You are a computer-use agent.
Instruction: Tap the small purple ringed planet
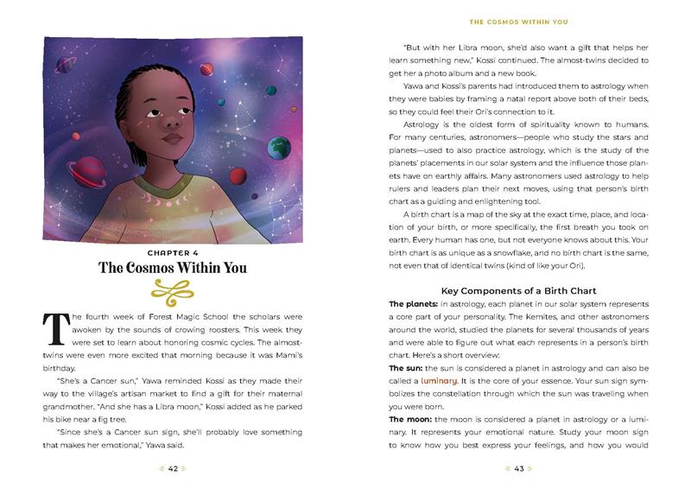(x=67, y=61)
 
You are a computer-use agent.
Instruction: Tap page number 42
(x=173, y=469)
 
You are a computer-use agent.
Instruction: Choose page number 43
(x=519, y=469)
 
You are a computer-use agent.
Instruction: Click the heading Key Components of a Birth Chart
(x=519, y=290)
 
